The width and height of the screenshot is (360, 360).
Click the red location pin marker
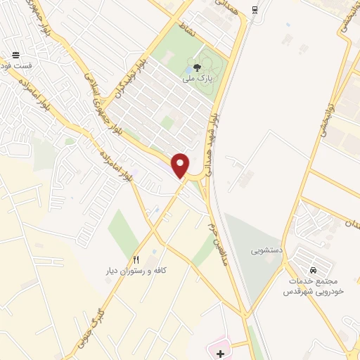coord(181,165)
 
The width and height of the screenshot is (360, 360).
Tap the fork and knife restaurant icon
coord(136,259)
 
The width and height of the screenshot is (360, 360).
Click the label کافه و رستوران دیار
coord(133,271)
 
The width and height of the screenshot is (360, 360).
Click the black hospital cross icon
coord(221,353)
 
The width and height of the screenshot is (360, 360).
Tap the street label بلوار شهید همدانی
coord(218,141)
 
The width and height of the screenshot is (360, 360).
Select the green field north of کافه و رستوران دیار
coord(124,232)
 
